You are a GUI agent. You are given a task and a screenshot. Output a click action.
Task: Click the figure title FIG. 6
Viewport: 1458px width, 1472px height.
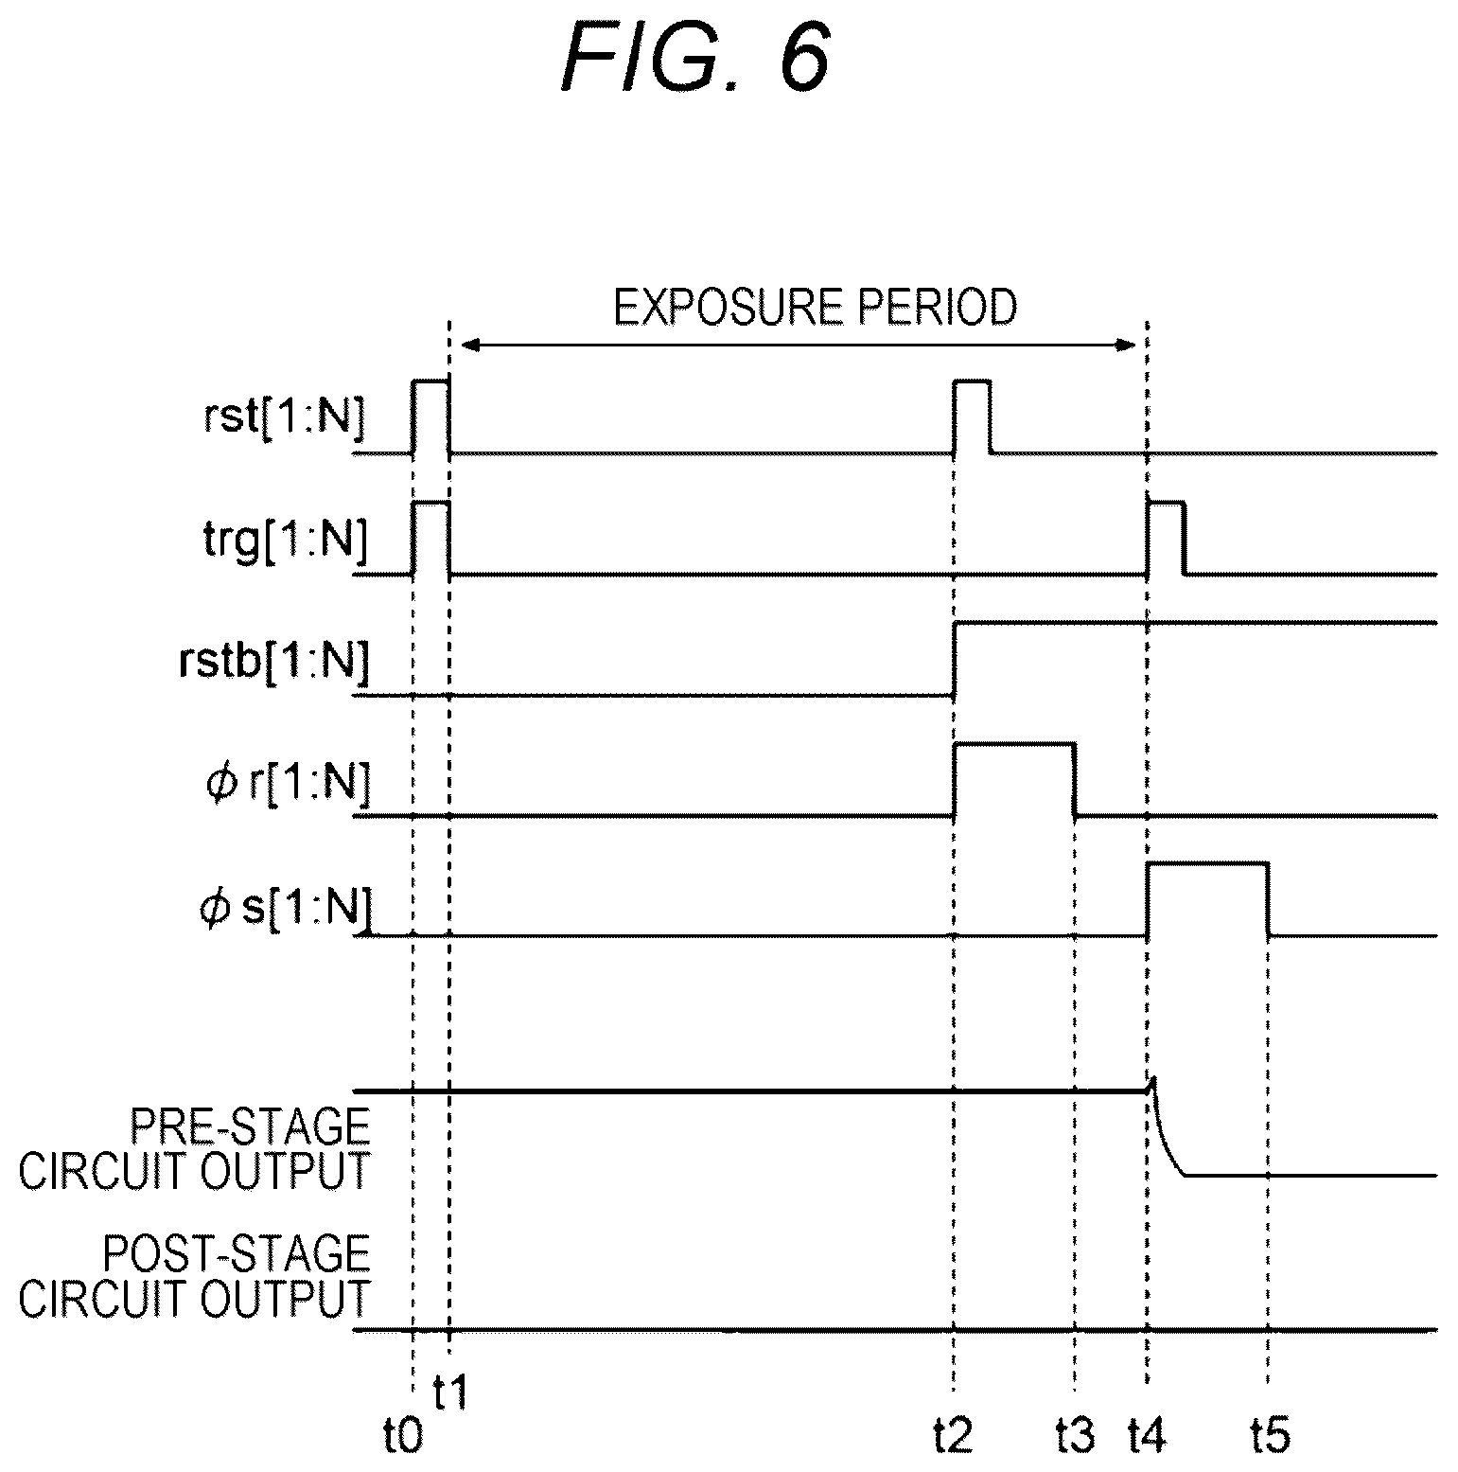point(695,60)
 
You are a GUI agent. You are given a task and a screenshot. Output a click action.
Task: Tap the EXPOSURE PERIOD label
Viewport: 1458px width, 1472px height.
point(815,308)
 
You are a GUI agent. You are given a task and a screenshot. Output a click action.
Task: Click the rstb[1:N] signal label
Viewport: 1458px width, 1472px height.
point(272,660)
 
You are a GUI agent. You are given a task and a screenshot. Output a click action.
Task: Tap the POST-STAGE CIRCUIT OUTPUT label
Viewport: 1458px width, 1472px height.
point(194,1276)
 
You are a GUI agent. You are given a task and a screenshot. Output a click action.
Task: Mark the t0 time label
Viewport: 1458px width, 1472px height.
point(400,1438)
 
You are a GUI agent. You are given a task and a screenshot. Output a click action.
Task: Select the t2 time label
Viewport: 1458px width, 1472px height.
point(952,1438)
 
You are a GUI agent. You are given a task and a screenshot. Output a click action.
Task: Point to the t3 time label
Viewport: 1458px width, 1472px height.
point(1076,1438)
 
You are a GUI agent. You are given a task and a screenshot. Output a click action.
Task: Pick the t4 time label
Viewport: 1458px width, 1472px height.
point(1147,1438)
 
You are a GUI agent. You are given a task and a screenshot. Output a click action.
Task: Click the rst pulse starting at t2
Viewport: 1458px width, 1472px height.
point(973,381)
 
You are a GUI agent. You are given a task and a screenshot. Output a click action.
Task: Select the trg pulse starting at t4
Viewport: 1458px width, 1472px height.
point(1166,504)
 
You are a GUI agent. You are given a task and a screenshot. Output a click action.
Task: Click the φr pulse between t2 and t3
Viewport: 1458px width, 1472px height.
point(1014,745)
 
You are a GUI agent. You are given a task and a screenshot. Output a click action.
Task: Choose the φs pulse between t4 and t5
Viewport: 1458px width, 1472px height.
point(1207,864)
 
